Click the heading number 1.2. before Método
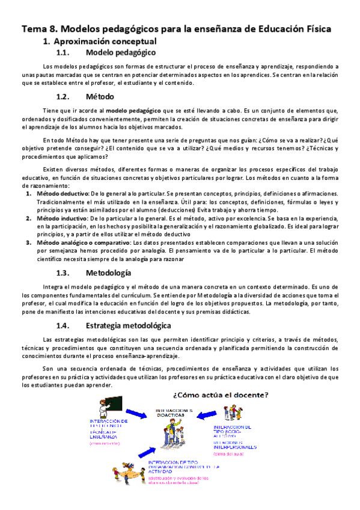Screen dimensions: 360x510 pyautogui.click(x=64, y=97)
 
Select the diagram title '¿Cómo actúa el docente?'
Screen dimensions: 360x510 pyautogui.click(x=221, y=395)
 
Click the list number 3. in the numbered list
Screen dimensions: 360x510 pyautogui.click(x=28, y=242)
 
